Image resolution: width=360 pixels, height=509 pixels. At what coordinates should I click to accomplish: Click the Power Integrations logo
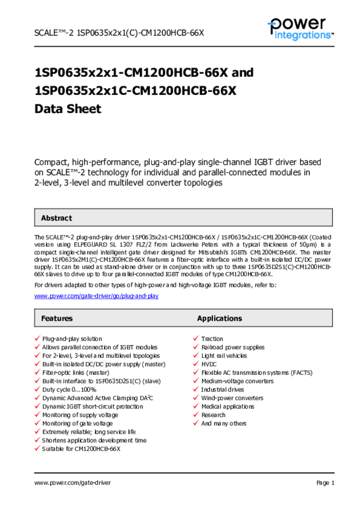(300, 29)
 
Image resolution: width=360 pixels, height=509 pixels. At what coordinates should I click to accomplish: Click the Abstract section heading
(56, 218)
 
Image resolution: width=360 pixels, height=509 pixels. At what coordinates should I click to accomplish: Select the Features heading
(57, 319)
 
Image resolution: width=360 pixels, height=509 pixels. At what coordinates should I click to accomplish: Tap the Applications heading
(219, 319)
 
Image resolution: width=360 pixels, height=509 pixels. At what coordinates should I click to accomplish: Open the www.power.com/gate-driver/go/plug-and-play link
(96, 296)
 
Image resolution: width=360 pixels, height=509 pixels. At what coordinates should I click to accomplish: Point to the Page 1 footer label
(325, 483)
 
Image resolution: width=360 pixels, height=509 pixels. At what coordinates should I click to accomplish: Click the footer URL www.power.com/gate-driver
(73, 483)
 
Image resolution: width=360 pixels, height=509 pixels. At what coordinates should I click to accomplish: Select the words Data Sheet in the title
(68, 109)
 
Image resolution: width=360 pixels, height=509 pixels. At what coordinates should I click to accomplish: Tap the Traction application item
(212, 339)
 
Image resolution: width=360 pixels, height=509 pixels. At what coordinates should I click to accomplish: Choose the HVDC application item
(209, 364)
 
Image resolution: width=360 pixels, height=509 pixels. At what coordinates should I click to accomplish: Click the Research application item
(213, 415)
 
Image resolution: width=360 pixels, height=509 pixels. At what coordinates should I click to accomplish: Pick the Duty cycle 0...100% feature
(69, 390)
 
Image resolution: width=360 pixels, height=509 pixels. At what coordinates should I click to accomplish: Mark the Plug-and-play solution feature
(72, 339)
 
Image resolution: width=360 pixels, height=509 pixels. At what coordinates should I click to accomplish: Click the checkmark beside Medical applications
(196, 407)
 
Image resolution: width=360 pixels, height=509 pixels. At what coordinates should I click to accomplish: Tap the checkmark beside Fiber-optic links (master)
(37, 373)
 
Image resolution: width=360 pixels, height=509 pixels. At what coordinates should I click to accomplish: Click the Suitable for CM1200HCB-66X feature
(82, 449)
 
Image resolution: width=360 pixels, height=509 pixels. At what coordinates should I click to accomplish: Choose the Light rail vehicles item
(224, 356)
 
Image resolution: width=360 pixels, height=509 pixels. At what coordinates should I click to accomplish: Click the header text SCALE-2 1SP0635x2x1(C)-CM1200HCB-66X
(119, 33)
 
